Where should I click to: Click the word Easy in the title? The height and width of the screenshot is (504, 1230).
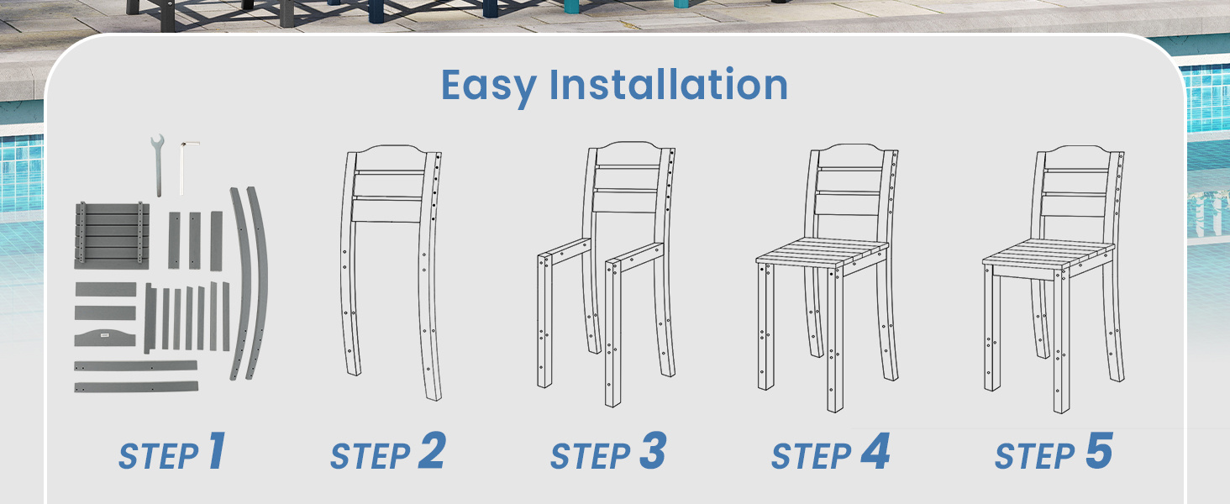tap(489, 87)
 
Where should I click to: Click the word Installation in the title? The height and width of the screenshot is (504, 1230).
tap(668, 84)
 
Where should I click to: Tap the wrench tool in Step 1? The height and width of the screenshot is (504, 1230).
tap(158, 165)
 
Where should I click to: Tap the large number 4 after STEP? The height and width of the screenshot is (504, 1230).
tap(875, 451)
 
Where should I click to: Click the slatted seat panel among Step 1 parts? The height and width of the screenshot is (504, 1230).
tap(112, 235)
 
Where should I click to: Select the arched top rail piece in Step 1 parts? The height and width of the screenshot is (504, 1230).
tap(105, 337)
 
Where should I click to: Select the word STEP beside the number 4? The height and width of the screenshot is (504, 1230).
tap(811, 456)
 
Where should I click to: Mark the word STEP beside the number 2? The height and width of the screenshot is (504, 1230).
tap(371, 456)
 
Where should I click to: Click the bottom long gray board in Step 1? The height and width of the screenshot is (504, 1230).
tap(136, 387)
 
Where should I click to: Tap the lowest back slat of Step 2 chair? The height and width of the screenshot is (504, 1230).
tap(387, 210)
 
